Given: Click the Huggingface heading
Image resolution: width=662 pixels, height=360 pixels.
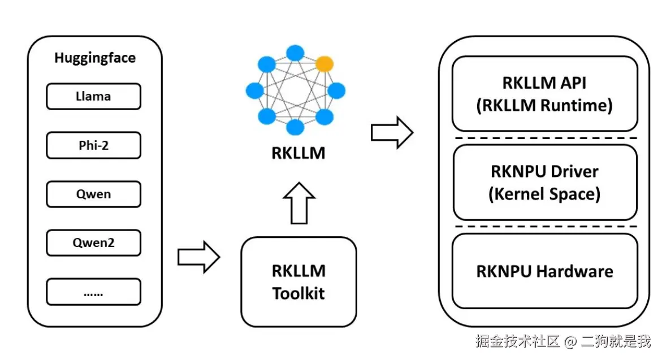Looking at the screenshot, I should [x=95, y=58].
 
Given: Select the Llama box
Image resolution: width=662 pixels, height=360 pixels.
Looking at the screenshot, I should [x=93, y=96].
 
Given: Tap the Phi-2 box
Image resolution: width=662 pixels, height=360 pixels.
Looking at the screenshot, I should [x=93, y=145].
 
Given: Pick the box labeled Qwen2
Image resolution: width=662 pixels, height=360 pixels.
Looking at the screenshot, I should [x=93, y=244].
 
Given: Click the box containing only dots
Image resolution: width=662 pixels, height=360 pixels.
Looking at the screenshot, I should [x=93, y=292].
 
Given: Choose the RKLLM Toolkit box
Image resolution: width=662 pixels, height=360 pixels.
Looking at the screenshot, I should [x=298, y=282].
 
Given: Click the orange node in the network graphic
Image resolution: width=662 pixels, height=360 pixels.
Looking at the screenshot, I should [x=324, y=63].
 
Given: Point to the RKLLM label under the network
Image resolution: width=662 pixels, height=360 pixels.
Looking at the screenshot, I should [x=298, y=153].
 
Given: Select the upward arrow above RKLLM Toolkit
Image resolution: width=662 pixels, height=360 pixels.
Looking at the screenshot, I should [x=298, y=202].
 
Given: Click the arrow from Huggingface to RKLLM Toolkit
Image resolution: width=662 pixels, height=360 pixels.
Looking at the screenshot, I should [x=198, y=257].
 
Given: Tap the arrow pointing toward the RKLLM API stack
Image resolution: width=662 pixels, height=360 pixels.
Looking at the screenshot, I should [x=392, y=132].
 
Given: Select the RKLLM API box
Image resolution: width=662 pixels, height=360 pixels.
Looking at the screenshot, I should [x=545, y=94].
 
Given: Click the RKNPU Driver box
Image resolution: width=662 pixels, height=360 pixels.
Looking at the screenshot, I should [x=545, y=182].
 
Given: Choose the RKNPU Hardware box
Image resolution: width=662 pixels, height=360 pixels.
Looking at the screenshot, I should [x=545, y=271].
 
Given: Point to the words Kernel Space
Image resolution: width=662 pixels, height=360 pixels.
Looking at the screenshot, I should [x=544, y=194].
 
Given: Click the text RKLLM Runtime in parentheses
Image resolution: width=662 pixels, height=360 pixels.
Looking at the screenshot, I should [x=544, y=106].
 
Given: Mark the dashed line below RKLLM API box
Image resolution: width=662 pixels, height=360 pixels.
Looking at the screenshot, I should [x=545, y=138].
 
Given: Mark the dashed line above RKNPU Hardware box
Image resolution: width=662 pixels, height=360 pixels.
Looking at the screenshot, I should [x=545, y=227].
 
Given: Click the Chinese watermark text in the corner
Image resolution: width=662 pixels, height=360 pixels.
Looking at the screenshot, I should [x=563, y=341].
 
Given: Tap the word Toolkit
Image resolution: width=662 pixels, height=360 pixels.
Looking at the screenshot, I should [x=298, y=294].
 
